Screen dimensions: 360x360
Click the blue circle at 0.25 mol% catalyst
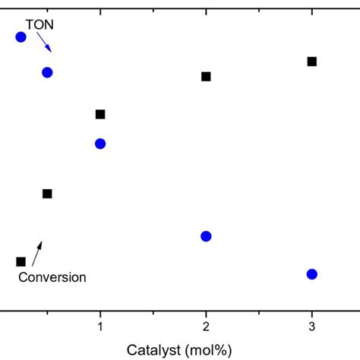tap(21, 36)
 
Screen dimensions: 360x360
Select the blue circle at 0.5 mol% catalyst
tap(47, 72)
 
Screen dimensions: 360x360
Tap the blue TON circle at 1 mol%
tap(99, 144)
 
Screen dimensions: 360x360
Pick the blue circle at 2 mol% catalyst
tap(206, 236)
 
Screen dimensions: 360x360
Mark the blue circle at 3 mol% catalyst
tap(311, 274)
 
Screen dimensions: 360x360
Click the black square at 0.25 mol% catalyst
tap(21, 261)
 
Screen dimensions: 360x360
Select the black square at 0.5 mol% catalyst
tap(47, 194)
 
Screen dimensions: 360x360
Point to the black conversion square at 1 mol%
tap(99, 114)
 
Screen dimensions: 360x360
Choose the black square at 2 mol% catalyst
tap(206, 76)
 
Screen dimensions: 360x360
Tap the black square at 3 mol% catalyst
tap(311, 61)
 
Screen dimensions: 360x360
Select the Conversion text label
tap(52, 278)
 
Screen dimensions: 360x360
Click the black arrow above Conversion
tap(37, 252)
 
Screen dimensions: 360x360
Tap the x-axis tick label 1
tap(99, 326)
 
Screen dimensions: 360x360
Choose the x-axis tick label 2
tap(206, 326)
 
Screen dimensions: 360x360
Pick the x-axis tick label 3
tap(311, 326)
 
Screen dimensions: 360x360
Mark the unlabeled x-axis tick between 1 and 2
tap(153, 312)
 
